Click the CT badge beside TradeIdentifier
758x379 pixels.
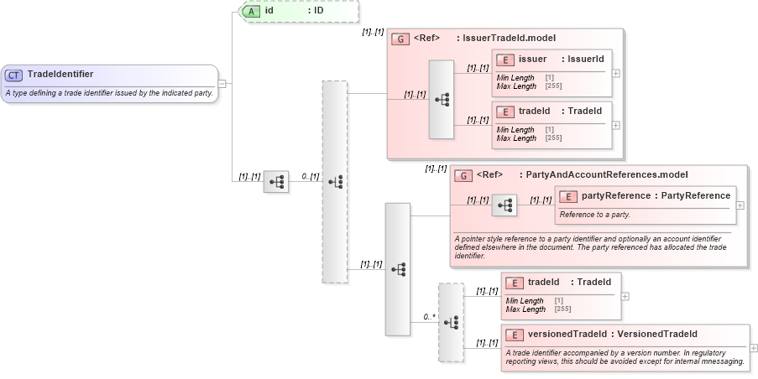[13, 75]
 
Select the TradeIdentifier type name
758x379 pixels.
[60, 74]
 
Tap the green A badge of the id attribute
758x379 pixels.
[251, 11]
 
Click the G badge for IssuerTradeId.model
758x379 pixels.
[401, 39]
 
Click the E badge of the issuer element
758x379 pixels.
[505, 60]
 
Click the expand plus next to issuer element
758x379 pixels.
[616, 73]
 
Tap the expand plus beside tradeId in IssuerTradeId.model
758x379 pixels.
[616, 125]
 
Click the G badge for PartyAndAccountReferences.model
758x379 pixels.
[463, 175]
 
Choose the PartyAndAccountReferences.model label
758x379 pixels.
[603, 175]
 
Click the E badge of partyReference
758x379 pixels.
[567, 196]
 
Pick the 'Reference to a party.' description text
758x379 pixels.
[595, 215]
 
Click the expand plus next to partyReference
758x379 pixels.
[740, 205]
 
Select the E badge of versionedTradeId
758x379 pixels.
[514, 335]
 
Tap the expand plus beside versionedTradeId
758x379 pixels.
[753, 348]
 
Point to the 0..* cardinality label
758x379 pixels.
[428, 317]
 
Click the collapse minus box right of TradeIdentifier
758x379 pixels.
[222, 83]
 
